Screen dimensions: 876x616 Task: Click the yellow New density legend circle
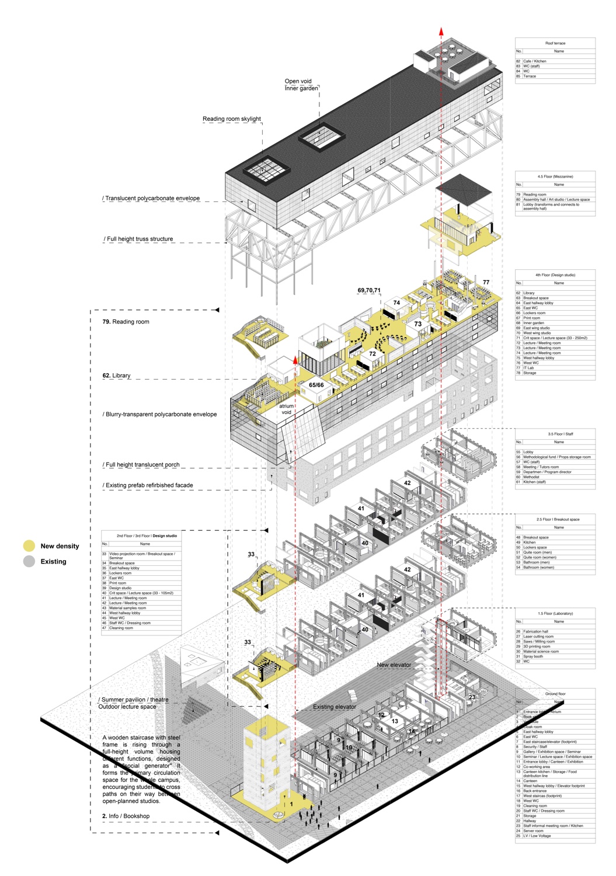tap(29, 546)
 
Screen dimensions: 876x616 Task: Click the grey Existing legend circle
tap(29, 562)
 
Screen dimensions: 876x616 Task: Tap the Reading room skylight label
tap(232, 119)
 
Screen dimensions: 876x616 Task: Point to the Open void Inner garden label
tap(301, 85)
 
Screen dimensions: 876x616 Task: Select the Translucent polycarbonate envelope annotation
tap(151, 199)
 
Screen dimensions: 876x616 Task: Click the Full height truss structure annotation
tap(139, 239)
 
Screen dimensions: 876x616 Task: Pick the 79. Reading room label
tap(126, 322)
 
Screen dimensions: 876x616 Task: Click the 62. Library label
tap(116, 376)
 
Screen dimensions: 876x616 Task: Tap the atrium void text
tap(286, 409)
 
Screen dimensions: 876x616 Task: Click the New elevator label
tap(394, 665)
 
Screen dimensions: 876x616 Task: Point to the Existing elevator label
tap(334, 707)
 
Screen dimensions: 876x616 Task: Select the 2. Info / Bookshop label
tap(126, 816)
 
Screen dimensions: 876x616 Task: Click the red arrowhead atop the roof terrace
tap(441, 32)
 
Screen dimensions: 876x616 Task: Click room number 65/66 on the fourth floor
tap(316, 385)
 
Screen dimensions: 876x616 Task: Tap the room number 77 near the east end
tap(486, 283)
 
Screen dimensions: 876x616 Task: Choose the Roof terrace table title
tap(555, 43)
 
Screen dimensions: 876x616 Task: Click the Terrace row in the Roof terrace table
tap(530, 76)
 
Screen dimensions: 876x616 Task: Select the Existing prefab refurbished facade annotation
tap(148, 485)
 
